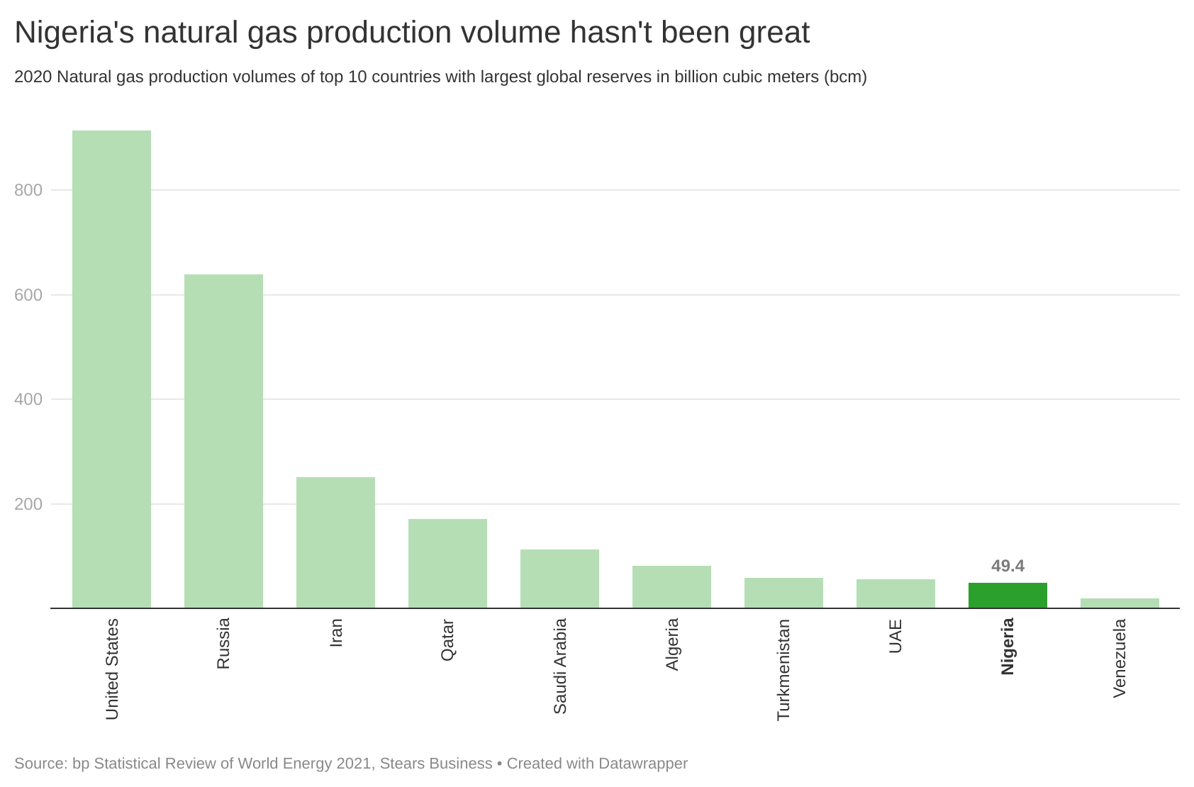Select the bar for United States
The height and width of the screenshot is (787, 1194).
coord(111,369)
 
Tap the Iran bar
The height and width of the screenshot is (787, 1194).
coord(335,542)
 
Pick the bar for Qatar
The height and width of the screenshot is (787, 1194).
coord(447,564)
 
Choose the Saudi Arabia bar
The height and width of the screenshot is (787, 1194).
coord(559,579)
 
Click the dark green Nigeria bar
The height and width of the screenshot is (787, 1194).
coord(1008,596)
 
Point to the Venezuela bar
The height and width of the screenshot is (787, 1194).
coord(1120,603)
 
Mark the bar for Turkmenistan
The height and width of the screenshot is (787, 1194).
coord(783,593)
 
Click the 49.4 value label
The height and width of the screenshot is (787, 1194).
coord(1008,566)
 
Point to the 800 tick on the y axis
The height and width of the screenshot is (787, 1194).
coord(28,190)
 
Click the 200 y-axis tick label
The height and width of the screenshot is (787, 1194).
coord(28,504)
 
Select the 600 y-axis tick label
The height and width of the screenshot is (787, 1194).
coord(28,295)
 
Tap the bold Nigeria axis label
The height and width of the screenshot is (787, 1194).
coord(1008,646)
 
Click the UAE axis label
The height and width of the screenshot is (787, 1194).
coord(895,636)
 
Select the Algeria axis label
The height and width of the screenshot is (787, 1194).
coord(672,644)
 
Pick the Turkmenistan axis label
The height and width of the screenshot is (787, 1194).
coord(783,669)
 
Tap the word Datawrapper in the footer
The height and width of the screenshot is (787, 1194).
coord(643,764)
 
